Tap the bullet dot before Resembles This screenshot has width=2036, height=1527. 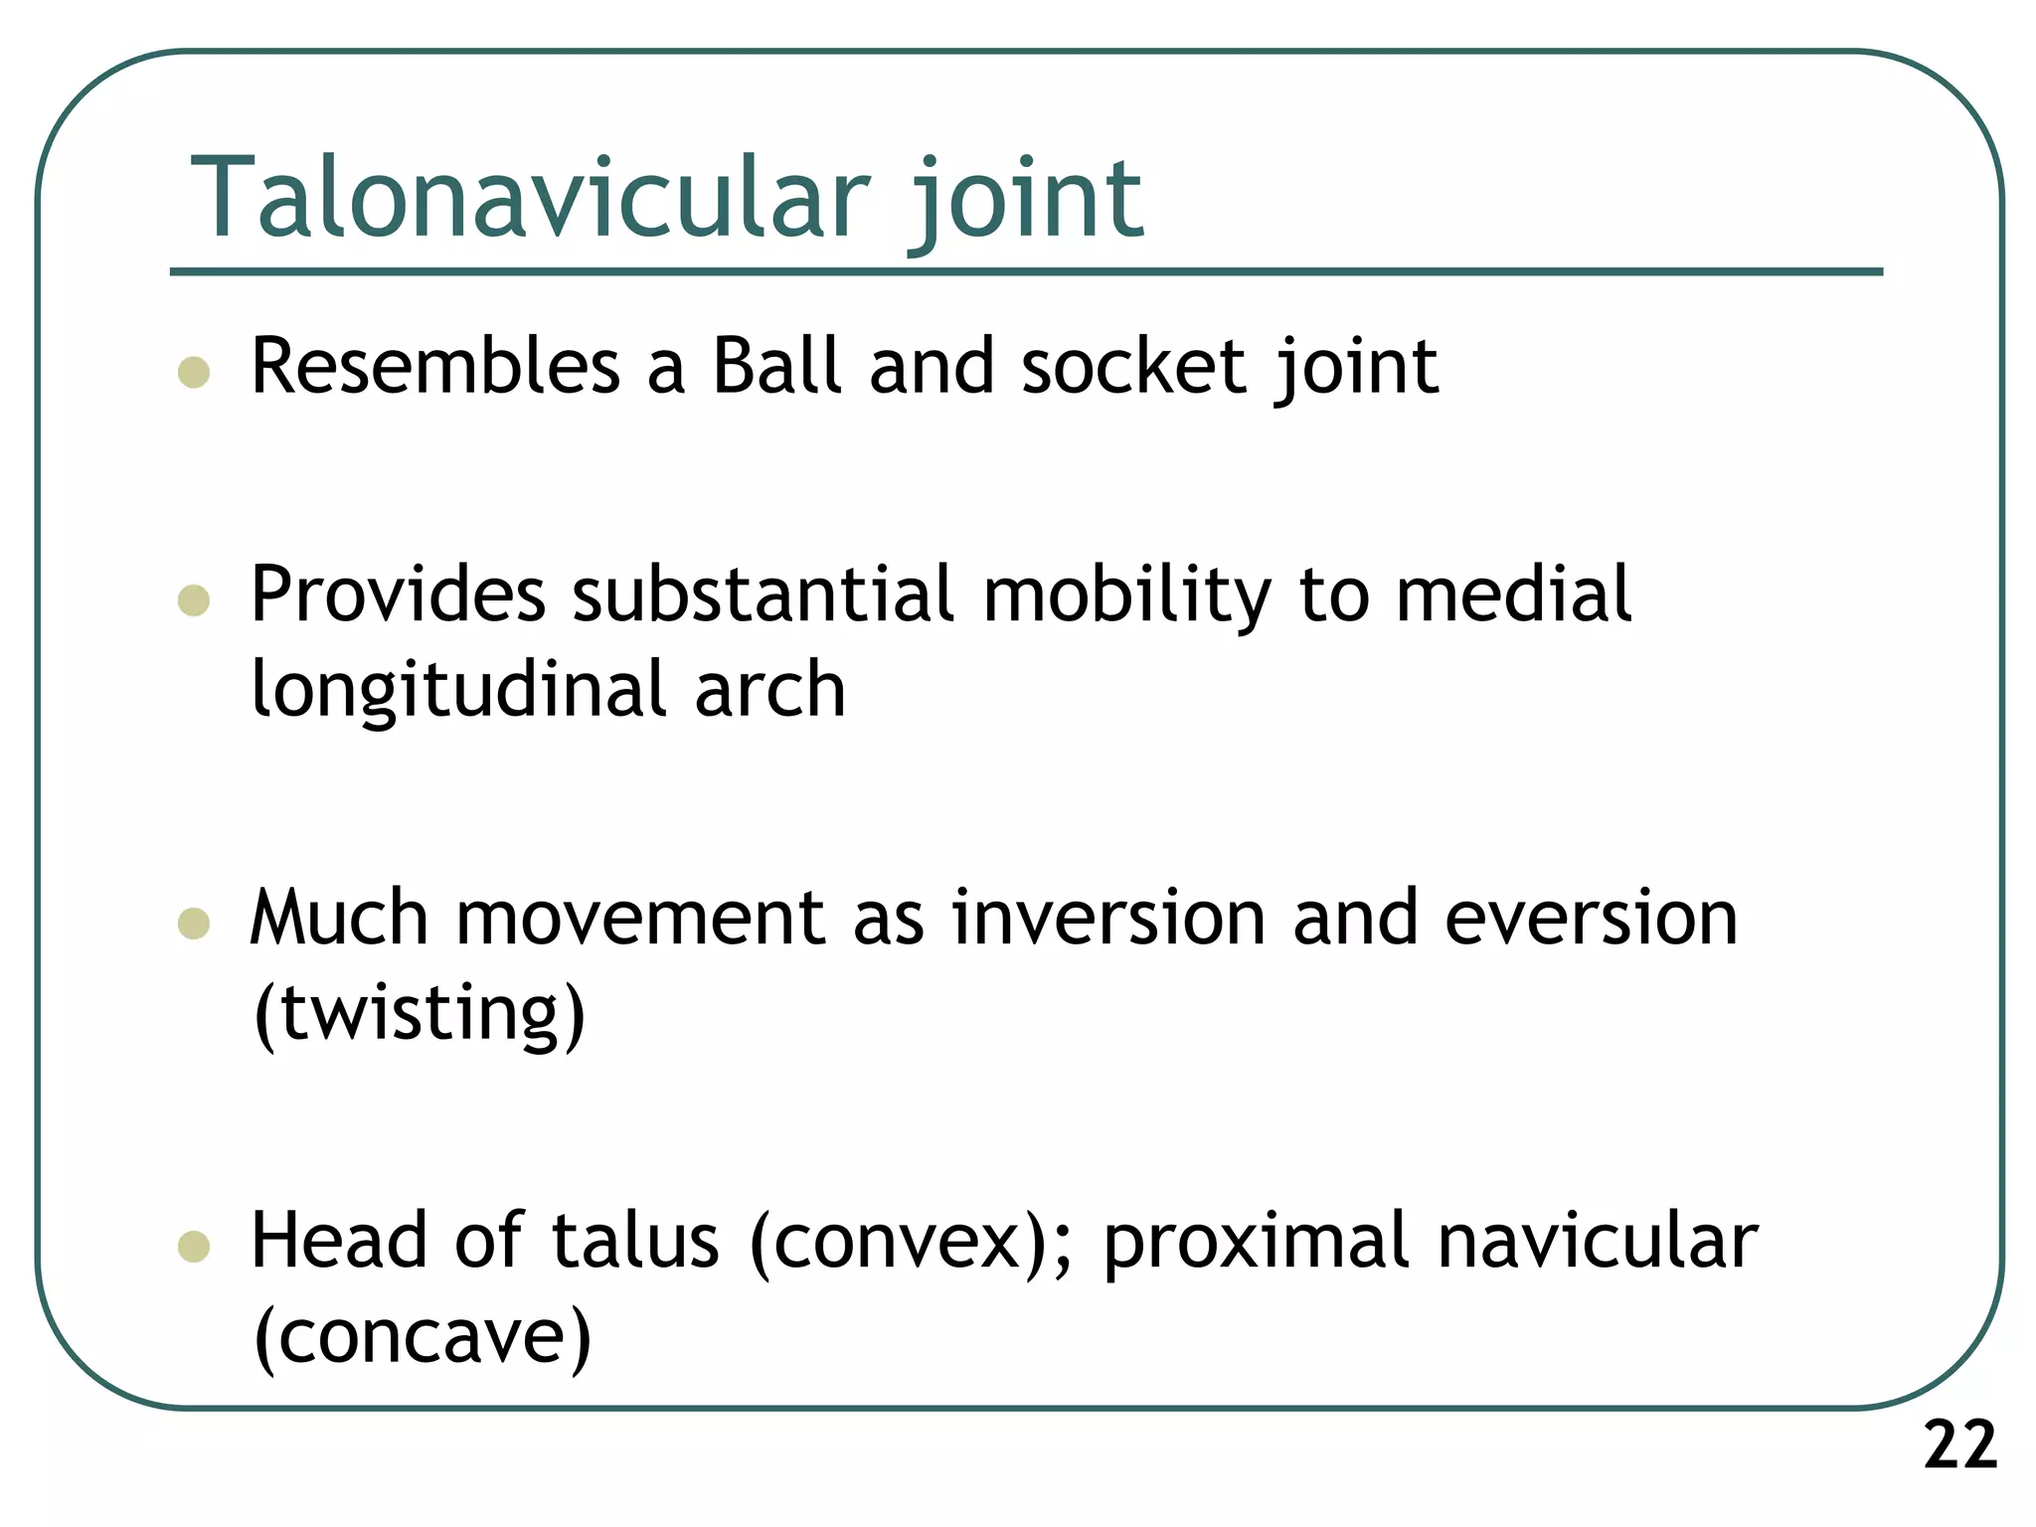click(194, 372)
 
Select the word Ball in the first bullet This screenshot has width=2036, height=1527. click(777, 366)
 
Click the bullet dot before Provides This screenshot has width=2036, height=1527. click(194, 600)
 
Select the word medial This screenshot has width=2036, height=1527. click(1513, 594)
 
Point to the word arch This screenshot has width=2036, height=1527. click(769, 690)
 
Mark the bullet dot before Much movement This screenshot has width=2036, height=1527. click(194, 923)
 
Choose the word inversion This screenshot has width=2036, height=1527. click(1108, 917)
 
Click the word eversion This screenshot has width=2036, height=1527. click(1591, 917)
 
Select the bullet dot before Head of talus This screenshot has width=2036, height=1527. click(194, 1247)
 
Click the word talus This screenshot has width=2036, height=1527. click(634, 1241)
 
